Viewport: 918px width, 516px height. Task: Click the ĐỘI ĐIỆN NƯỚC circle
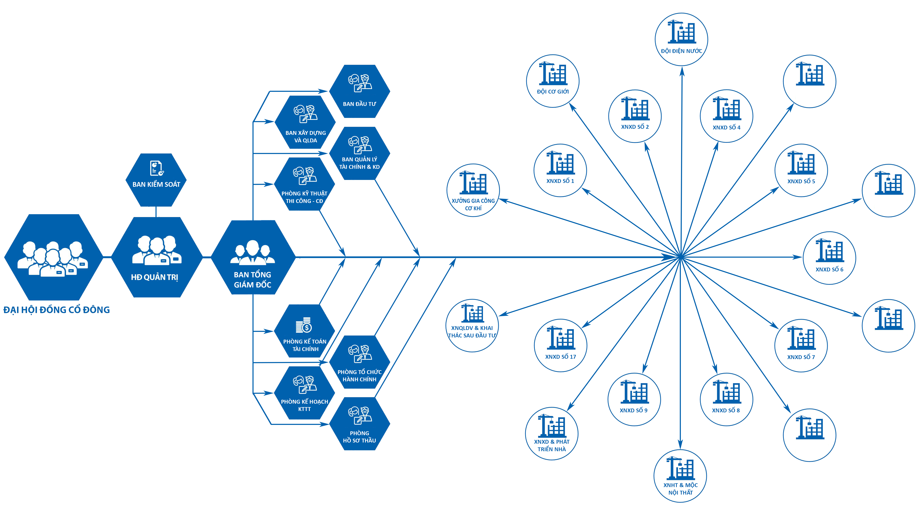(681, 39)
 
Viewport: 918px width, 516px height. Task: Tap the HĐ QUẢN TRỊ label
(154, 277)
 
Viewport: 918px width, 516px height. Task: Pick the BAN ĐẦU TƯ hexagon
(359, 91)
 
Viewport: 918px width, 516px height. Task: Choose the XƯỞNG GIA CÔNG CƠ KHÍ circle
(473, 190)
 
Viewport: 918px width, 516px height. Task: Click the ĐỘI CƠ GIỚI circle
(552, 81)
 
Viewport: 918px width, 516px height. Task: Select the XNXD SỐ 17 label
(560, 357)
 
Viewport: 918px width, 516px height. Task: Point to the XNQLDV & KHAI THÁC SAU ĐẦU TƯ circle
(472, 325)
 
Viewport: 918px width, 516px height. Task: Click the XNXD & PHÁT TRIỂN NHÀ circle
(551, 433)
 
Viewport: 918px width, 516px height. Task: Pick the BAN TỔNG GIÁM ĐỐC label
(252, 280)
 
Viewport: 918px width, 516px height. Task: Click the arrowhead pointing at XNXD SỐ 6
(798, 257)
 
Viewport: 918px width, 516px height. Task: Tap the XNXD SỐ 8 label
(726, 410)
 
